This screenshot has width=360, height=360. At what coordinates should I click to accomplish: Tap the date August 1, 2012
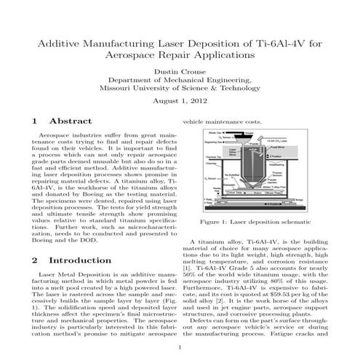point(180,100)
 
